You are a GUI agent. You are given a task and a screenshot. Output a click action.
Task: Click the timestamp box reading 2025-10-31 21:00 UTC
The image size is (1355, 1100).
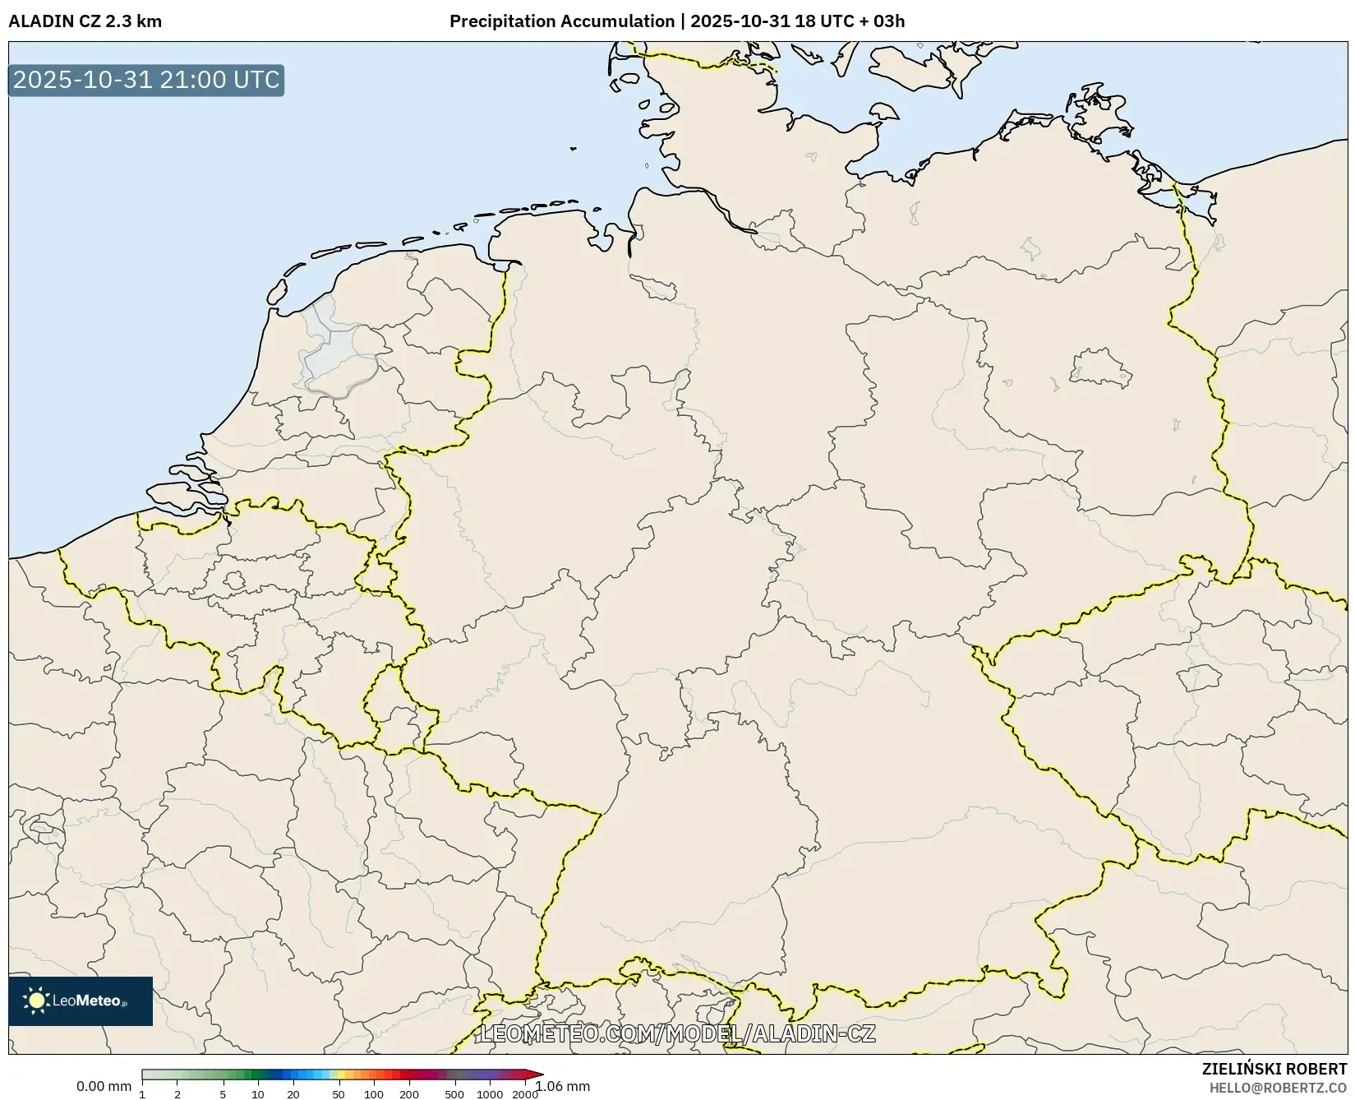[x=146, y=80]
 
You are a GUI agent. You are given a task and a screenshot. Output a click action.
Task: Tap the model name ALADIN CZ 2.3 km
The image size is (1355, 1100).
[x=85, y=21]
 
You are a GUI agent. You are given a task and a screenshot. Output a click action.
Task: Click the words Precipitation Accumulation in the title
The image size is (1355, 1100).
[x=562, y=21]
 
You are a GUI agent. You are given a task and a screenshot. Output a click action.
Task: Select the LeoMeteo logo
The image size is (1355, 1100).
[x=81, y=1001]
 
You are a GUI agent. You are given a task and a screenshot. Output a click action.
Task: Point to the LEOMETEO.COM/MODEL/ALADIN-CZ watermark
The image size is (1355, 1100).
[x=678, y=1033]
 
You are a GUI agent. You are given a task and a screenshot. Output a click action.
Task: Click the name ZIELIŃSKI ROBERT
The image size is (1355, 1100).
[x=1274, y=1069]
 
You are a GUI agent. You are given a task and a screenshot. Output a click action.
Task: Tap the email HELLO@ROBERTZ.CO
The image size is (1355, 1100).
[x=1278, y=1088]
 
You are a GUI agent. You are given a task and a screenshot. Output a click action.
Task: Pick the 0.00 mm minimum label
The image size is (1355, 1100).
[x=104, y=1087]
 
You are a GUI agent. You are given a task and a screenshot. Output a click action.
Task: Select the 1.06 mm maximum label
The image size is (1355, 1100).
[x=563, y=1087]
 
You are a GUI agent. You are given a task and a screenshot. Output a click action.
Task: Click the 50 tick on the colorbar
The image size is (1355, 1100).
[x=339, y=1093]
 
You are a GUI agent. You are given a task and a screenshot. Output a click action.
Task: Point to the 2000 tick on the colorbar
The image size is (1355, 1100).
[x=525, y=1093]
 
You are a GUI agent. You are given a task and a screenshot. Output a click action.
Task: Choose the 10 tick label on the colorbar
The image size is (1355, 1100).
[x=258, y=1093]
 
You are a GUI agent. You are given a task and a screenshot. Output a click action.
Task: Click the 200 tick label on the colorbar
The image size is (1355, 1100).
[x=409, y=1093]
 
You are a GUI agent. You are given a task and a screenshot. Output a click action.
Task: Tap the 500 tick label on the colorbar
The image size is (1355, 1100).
[x=454, y=1093]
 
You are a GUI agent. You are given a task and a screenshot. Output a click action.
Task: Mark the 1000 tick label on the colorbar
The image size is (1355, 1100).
[x=490, y=1093]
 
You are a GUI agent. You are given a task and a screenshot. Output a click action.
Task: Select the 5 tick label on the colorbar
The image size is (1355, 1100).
[x=223, y=1093]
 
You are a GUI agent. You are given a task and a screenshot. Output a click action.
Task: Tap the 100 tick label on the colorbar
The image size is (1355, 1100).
[x=374, y=1093]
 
